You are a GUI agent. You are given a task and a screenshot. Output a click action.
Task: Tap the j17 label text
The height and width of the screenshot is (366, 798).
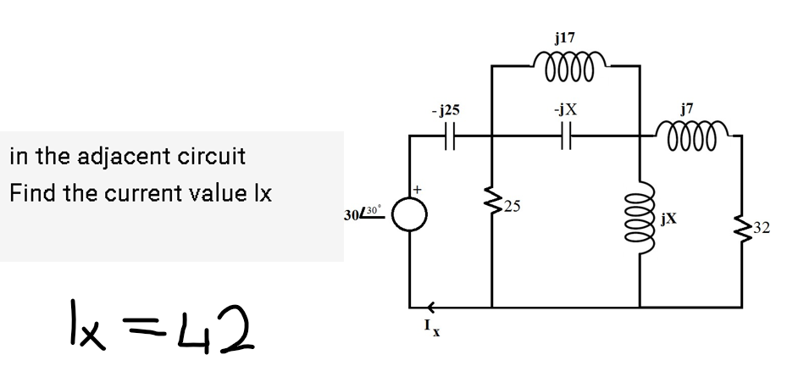click(x=564, y=38)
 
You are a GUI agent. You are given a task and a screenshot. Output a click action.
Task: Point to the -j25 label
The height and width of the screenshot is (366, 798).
click(x=446, y=110)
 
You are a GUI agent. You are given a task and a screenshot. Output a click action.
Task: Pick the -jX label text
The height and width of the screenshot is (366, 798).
click(x=565, y=110)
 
